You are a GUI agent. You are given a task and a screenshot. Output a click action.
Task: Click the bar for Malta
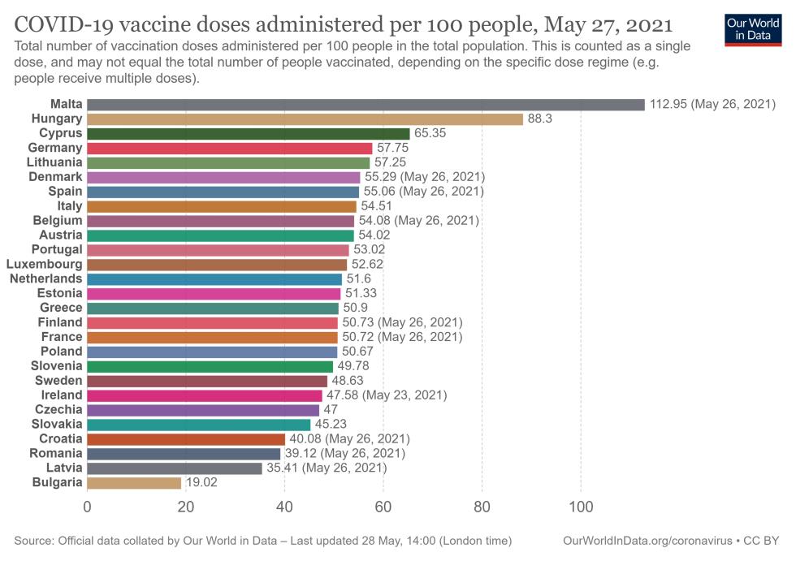[366, 104]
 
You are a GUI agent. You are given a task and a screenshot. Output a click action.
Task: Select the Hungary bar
[305, 119]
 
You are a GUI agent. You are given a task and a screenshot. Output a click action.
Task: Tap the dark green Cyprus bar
[248, 133]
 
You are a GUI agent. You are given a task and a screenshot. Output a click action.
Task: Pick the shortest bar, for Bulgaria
[134, 483]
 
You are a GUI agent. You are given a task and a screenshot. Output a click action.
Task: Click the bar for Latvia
[175, 468]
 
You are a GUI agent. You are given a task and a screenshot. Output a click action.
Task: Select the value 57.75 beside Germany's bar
[392, 148]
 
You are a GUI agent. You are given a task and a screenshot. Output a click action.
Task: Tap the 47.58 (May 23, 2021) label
[386, 395]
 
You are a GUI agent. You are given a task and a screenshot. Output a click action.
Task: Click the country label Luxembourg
[44, 264]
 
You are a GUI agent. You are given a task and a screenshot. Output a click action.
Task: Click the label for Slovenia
[56, 366]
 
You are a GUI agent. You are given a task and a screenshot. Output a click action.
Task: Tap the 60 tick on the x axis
[383, 507]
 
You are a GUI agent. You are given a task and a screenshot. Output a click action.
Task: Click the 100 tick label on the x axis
[581, 507]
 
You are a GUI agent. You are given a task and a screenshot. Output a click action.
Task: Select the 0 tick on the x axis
[87, 507]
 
